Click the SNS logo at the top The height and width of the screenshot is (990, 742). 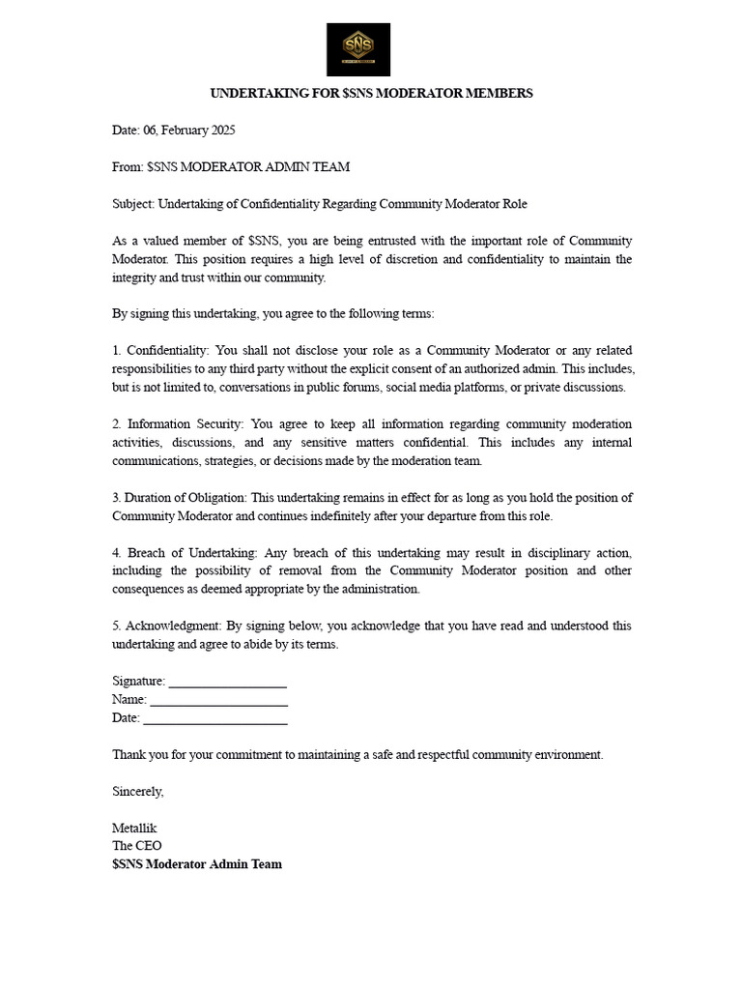(x=357, y=49)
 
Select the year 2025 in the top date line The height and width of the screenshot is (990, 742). (x=219, y=130)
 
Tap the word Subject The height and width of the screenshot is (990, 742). (x=133, y=204)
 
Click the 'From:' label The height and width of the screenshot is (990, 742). (x=128, y=166)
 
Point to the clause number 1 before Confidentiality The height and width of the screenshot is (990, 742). (x=116, y=350)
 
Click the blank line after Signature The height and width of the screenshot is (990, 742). (x=228, y=682)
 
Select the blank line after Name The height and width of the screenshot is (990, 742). (x=219, y=700)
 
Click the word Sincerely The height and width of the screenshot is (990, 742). (x=138, y=791)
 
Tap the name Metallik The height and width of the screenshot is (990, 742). (x=134, y=828)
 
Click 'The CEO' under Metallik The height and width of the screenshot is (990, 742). (x=137, y=846)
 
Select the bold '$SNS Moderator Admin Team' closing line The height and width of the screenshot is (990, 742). (x=197, y=864)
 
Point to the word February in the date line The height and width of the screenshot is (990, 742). (x=175, y=130)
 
